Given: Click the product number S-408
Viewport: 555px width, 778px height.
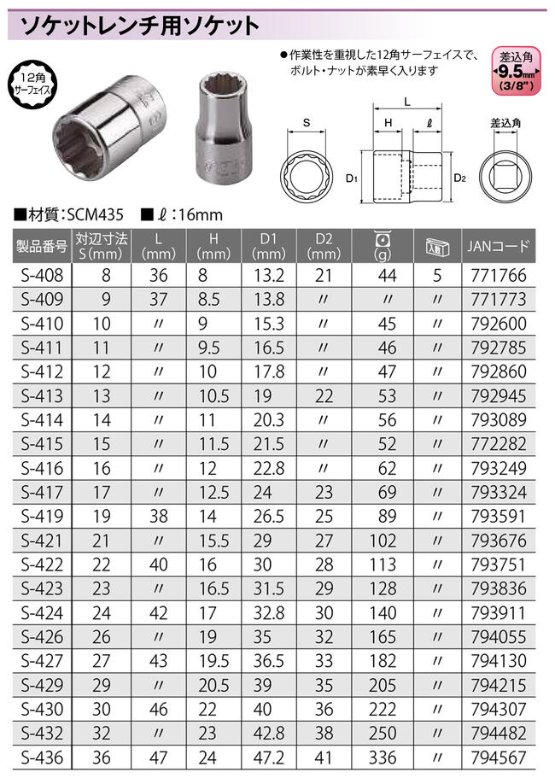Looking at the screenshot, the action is [x=42, y=275].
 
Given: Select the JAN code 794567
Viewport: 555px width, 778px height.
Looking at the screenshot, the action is [x=499, y=758].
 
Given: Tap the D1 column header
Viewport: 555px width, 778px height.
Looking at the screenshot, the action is [x=269, y=246].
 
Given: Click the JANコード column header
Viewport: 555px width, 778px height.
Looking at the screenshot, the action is [x=499, y=246].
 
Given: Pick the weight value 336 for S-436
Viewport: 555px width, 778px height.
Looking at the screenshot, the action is [x=383, y=758].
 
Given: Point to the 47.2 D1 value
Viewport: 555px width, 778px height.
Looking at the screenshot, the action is [x=269, y=758].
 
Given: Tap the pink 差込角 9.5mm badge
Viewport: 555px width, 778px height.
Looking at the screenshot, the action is [x=516, y=71].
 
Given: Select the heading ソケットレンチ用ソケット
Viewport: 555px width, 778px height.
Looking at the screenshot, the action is [x=140, y=26].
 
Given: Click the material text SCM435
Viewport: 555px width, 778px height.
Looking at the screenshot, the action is [x=95, y=215].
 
